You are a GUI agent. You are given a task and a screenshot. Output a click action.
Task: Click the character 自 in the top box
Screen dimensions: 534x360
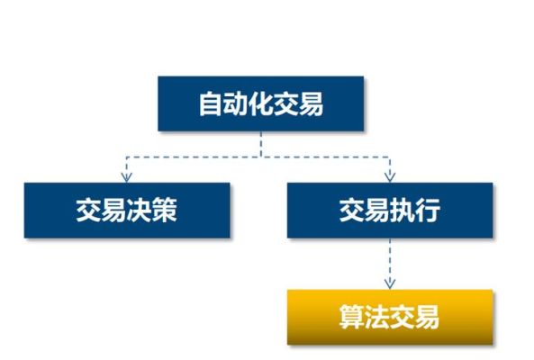pos(211,103)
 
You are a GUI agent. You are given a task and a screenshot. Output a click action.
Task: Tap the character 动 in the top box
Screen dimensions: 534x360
pos(236,103)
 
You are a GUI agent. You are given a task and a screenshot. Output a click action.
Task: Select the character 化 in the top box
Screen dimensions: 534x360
pos(261,103)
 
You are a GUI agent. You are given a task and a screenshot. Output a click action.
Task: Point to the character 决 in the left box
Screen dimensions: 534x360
pos(140,211)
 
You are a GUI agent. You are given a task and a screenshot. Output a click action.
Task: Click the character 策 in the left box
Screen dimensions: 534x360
pos(165,211)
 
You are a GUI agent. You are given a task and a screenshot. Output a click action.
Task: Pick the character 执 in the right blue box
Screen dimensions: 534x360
pos(403,211)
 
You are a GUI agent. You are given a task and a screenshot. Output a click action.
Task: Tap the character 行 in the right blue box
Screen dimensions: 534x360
pos(428,211)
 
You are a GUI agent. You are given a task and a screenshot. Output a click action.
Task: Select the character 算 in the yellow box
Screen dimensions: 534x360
pos(352,317)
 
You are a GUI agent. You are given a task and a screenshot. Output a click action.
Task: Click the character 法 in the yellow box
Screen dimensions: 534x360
pos(377,317)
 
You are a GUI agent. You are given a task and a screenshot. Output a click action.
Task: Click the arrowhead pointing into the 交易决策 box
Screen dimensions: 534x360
pos(127,178)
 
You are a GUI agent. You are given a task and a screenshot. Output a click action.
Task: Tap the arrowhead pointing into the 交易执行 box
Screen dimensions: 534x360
pos(390,178)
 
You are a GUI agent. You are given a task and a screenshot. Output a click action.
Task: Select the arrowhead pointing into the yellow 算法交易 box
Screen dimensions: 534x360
pos(390,284)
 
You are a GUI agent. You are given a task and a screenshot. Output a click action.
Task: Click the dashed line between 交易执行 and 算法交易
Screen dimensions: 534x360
pos(390,264)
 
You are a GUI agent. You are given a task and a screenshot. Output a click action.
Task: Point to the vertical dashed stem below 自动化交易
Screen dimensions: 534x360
pos(261,144)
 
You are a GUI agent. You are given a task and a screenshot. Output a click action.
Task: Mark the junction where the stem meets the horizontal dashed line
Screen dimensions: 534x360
pos(261,157)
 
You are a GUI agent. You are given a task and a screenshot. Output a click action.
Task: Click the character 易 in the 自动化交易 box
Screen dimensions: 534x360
pos(311,103)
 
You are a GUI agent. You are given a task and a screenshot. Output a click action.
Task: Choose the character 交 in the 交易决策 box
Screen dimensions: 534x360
pos(89,211)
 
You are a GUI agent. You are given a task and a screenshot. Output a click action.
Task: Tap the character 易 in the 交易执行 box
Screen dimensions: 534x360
pos(377,211)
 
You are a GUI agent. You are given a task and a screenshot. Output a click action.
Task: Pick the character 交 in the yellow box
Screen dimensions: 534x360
pos(403,317)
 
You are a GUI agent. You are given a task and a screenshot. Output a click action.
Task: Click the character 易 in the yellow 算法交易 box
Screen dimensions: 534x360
pos(428,317)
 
